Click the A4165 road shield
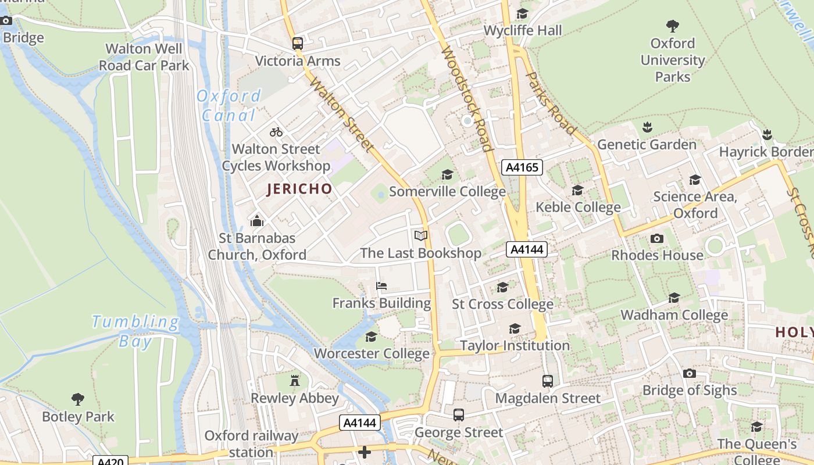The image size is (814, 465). pos(522,168)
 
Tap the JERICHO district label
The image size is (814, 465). pos(299,189)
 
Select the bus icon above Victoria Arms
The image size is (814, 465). pos(298,43)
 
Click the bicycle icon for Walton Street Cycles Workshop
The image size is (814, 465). pos(276,132)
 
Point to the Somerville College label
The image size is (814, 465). pos(447,192)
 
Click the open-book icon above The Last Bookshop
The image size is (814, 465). pos(421,235)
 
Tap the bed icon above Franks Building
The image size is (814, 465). pos(381,285)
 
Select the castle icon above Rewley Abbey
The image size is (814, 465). pos(295,381)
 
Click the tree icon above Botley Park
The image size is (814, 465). pos(78,399)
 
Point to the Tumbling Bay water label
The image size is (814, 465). pos(135,331)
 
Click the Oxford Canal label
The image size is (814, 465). pos(229,105)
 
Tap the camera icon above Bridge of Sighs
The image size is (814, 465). pos(690,373)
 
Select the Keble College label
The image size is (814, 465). pos(578,208)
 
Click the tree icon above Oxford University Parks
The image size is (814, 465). pos(673,26)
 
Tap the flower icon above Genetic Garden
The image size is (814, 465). pos(647,127)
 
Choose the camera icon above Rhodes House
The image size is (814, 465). pos(657,238)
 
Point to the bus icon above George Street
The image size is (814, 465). pos(459,415)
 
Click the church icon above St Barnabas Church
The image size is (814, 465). pos(256,221)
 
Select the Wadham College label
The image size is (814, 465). pos(674,315)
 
